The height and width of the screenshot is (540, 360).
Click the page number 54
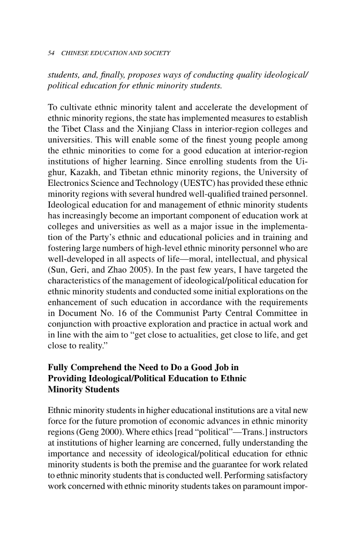(x=52, y=54)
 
